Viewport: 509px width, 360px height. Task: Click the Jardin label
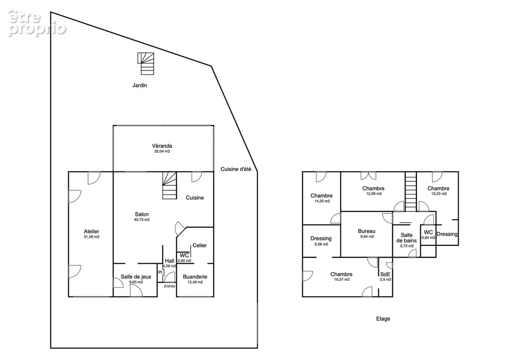tap(139, 85)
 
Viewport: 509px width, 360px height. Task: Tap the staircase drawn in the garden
tap(146, 64)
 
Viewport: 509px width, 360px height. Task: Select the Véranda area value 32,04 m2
tap(162, 151)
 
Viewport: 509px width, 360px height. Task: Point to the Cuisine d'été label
tap(236, 169)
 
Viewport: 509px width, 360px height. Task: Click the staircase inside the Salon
tap(170, 185)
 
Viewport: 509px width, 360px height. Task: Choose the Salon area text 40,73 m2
tap(142, 220)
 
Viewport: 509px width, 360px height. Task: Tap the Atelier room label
tap(92, 231)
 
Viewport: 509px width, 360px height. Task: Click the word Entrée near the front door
tap(170, 286)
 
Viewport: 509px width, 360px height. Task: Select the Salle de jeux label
tap(136, 277)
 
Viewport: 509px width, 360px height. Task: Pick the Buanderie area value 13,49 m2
tap(195, 282)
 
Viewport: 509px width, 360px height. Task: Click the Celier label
tap(200, 245)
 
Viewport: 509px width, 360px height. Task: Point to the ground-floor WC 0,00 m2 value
tap(184, 261)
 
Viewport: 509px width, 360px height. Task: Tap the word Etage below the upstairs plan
tap(383, 319)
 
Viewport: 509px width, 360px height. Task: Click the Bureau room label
tap(367, 231)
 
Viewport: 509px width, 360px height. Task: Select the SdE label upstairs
tap(385, 274)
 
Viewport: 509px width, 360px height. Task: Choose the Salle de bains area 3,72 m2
tap(407, 246)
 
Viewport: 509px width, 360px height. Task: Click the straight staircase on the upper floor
tap(411, 192)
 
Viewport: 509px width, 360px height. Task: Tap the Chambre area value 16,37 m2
tap(342, 279)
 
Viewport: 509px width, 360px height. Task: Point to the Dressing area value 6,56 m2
tap(321, 244)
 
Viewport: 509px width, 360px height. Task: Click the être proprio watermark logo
tap(37, 23)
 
